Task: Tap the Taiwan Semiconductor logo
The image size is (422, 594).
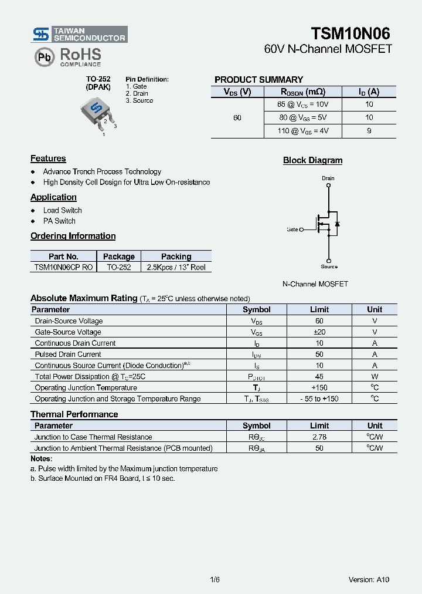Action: [80, 34]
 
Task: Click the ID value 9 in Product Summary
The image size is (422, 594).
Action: [369, 131]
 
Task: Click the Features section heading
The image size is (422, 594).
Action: [48, 158]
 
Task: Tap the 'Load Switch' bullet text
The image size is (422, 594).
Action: [62, 210]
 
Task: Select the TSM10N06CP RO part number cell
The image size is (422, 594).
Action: [63, 267]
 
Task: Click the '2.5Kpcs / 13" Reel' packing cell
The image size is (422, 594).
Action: [176, 267]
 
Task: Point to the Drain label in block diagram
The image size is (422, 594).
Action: [328, 178]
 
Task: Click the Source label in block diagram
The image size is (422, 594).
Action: [329, 266]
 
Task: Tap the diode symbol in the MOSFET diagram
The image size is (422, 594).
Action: [337, 224]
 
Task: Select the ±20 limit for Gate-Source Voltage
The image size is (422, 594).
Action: [319, 332]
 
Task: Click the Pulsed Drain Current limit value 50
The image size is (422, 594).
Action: [319, 355]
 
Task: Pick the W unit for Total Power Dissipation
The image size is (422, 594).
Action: [375, 377]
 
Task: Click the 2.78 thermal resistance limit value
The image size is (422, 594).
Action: [319, 437]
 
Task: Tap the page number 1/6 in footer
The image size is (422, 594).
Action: [215, 579]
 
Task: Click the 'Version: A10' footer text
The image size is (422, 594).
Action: [369, 579]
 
